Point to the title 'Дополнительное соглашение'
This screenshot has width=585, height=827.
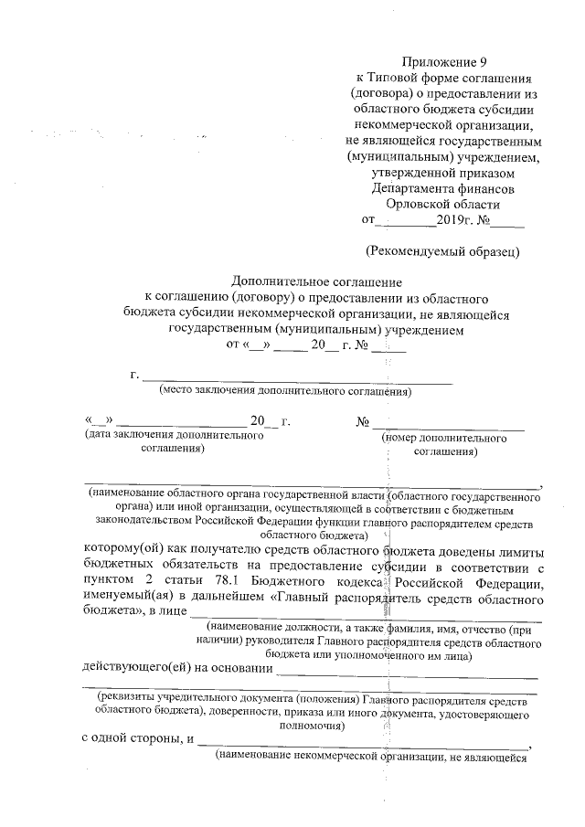pyautogui.click(x=317, y=282)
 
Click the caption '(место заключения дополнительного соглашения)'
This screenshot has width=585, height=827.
pyautogui.click(x=285, y=392)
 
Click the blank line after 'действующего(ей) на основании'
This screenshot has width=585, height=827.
pyautogui.click(x=407, y=674)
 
